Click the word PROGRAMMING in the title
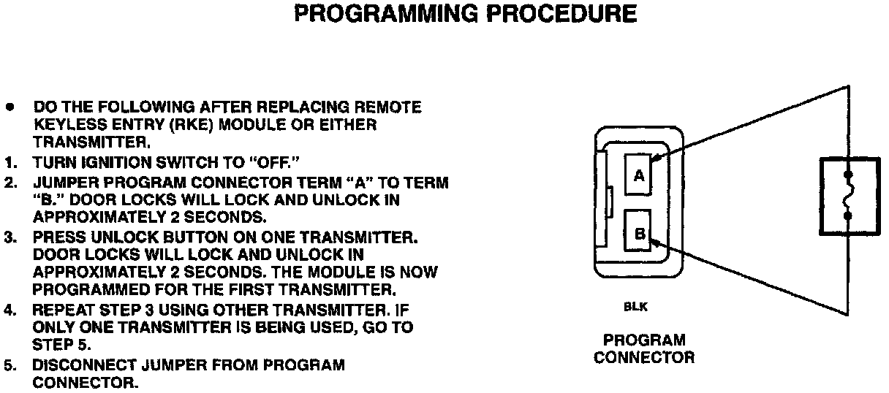[386, 13]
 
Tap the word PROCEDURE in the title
[561, 13]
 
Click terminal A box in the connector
[638, 175]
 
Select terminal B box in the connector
[638, 230]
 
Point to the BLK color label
[635, 307]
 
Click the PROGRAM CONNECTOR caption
[644, 349]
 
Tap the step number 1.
[10, 163]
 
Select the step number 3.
[10, 237]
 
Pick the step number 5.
[10, 365]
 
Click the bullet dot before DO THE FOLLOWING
[10, 107]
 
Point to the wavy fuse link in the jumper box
[848, 195]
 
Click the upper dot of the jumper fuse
[848, 175]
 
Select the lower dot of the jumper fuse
[848, 216]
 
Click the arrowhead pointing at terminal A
[656, 158]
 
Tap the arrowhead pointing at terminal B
[656, 243]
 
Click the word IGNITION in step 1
[115, 163]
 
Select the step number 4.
[10, 310]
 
